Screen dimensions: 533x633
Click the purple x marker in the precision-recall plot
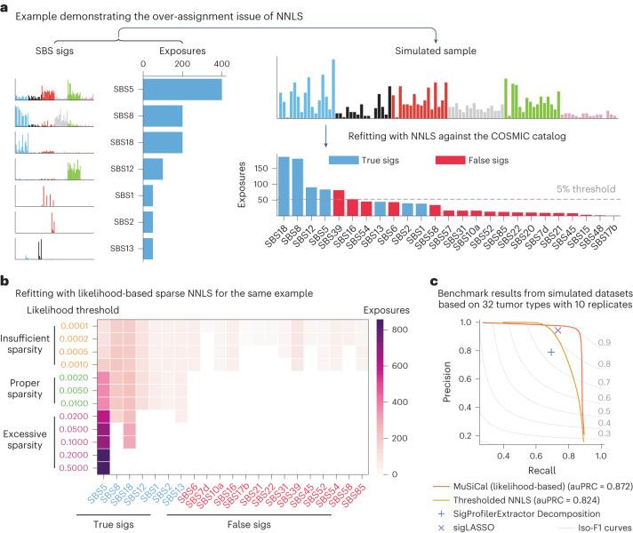557,330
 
